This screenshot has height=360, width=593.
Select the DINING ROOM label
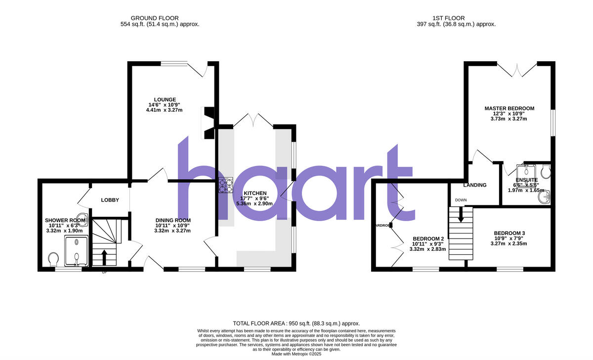(x=173, y=220)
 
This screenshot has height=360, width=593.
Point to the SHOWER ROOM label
(x=65, y=220)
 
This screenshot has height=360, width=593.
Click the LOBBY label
(x=110, y=200)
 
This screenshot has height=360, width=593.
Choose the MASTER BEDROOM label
(x=509, y=108)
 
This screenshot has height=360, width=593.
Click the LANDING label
(x=475, y=185)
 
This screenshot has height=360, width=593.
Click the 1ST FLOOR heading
(x=456, y=18)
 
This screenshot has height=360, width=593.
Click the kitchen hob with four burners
(x=226, y=185)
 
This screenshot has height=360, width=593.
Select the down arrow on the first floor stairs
(x=461, y=215)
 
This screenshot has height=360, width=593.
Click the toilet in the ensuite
(x=545, y=171)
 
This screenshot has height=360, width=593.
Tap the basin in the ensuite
(x=545, y=198)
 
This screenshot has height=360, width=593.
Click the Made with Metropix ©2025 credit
(x=296, y=354)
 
